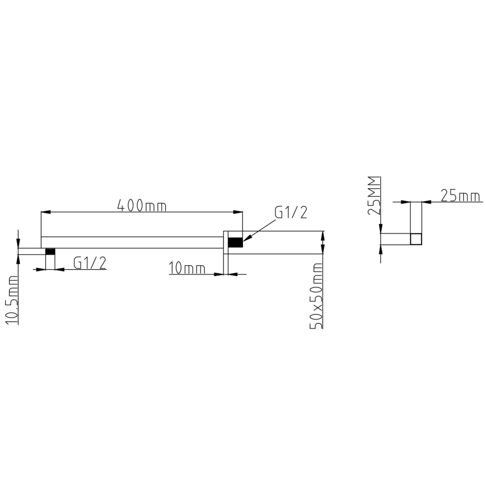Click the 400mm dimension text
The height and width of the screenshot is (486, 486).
(x=142, y=205)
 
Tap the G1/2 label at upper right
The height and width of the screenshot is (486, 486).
(x=291, y=213)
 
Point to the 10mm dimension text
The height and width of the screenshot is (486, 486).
(x=186, y=269)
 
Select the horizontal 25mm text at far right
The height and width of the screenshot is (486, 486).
(x=460, y=195)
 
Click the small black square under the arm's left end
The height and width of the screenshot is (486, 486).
(x=50, y=251)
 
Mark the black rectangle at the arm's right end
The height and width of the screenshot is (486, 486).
(x=235, y=242)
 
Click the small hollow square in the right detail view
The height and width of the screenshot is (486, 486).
(x=415, y=239)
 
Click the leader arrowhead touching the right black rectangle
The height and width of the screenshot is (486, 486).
(x=247, y=240)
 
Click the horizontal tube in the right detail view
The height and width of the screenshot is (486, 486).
(x=395, y=239)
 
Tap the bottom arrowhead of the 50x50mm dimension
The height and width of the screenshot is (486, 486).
(x=322, y=251)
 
